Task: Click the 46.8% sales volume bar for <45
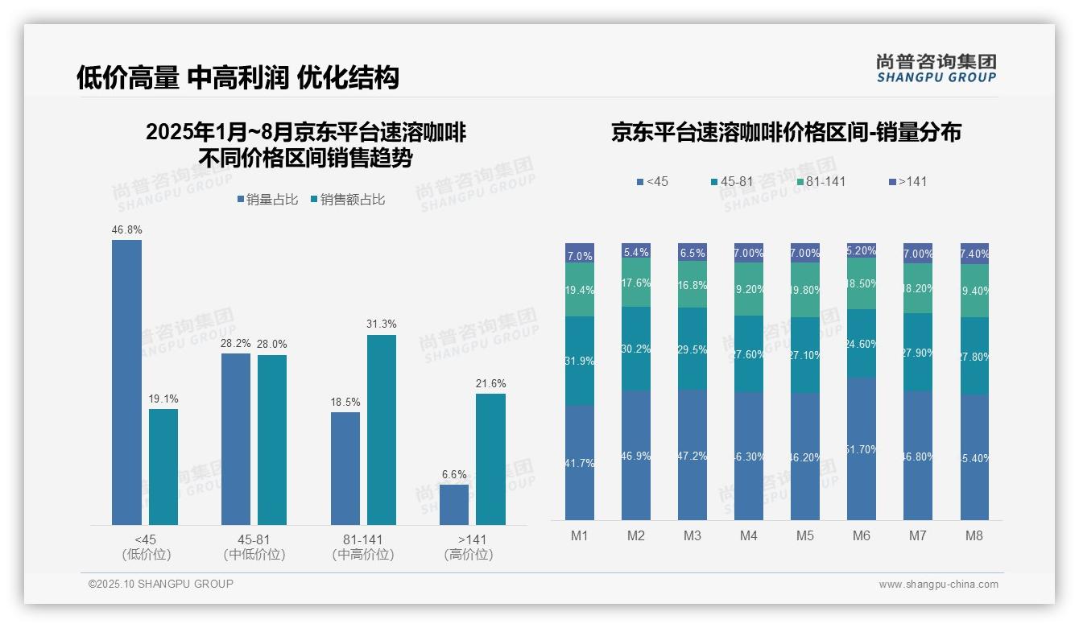126,382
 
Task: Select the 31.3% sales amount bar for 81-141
381,430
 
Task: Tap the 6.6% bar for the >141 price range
454,505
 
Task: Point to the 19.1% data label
163,399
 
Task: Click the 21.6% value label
490,383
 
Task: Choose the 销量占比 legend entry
267,200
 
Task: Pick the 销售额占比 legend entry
347,200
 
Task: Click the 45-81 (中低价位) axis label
254,547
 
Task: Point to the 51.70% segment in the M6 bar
861,448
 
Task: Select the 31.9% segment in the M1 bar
580,361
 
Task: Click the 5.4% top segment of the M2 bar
635,251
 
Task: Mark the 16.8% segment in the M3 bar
692,285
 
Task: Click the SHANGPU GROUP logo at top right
936,68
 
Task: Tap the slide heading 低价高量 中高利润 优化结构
238,77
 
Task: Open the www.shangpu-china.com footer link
938,585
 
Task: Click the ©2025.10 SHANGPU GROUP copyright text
160,584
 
